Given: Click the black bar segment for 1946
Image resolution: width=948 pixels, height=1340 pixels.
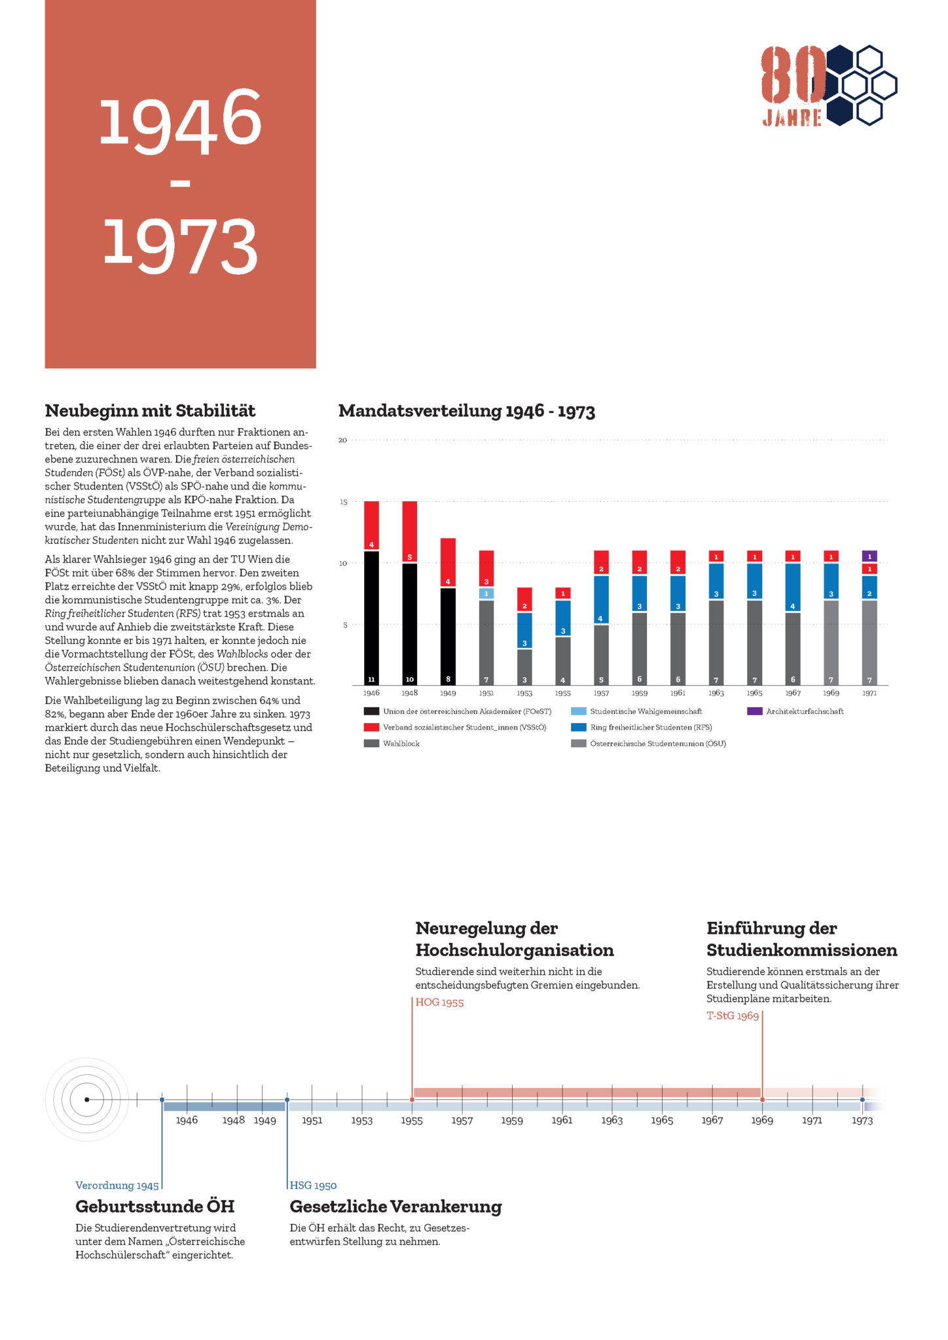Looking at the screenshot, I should pos(371,618).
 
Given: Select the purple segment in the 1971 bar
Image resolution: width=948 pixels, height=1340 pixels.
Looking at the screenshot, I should pos(869,556).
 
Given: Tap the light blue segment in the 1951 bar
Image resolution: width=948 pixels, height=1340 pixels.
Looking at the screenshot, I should pos(486,593).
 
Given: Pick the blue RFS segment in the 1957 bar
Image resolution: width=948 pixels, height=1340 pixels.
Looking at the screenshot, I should pos(601,599).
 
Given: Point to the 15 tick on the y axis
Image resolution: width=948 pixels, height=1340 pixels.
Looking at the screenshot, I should pos(343,502).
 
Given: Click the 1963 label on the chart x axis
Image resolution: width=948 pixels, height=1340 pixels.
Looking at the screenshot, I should pos(716,693).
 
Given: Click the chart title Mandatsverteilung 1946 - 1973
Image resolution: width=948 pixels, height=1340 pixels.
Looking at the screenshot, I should pos(466,411).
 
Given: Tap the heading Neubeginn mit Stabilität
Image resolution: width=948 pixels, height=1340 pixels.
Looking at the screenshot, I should pos(150,411).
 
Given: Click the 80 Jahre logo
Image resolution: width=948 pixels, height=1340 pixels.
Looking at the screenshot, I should pos(828,85).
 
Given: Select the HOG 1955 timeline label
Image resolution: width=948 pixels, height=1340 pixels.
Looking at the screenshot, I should pos(439,1002).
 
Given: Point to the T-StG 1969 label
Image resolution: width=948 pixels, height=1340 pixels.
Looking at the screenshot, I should pos(732,1016).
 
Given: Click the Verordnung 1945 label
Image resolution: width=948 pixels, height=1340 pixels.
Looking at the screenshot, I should pos(117,1186).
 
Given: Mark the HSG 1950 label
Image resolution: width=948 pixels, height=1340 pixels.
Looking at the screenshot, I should pos(313,1186).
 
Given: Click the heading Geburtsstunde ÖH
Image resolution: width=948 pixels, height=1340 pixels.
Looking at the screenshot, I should pos(155,1207).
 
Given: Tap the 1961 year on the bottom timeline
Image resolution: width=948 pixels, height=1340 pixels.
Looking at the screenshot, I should pos(562,1120).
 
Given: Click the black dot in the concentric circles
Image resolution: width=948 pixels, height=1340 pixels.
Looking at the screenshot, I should pos(86,1100).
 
